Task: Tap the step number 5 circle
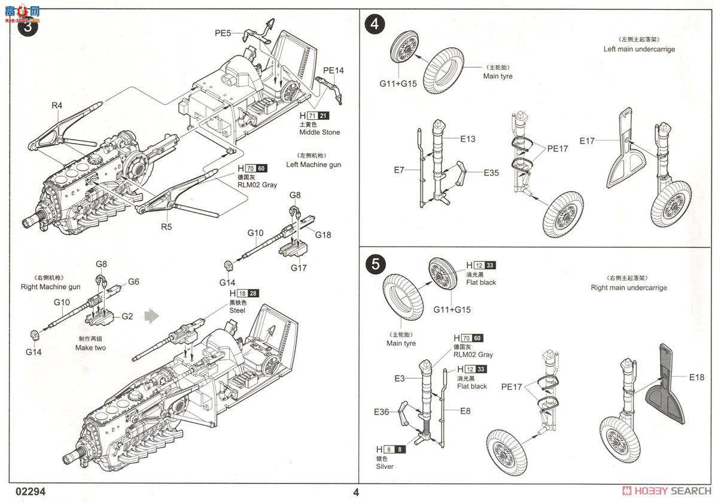pos(375,265)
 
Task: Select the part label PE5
pos(223,34)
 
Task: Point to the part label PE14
pos(333,70)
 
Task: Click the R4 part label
pos(57,105)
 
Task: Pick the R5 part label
pos(165,227)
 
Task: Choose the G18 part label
pos(323,235)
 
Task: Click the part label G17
pos(299,268)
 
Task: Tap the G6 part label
pos(133,281)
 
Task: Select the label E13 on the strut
pos(468,139)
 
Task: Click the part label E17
pos(587,141)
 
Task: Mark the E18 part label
pos(696,377)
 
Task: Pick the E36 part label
pos(382,412)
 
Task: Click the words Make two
pos(91,348)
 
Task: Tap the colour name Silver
pos(385,466)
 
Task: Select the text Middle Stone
pos(320,132)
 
